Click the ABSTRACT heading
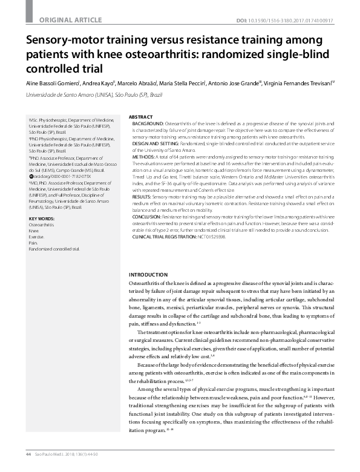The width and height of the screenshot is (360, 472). [x=141, y=116]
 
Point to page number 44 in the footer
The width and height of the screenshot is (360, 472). [x=28, y=454]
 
